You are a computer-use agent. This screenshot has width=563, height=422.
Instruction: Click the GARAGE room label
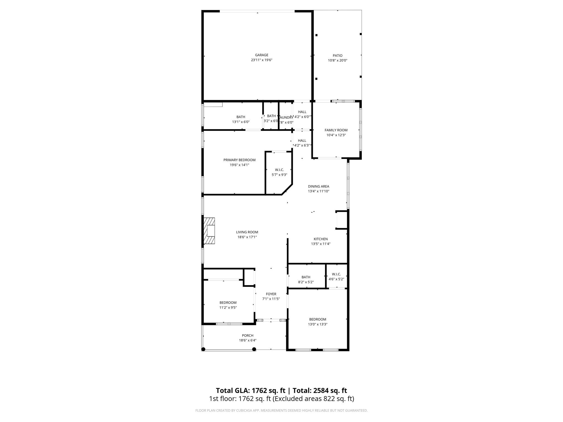point(261,55)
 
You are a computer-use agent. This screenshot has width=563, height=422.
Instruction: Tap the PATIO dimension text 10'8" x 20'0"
point(338,60)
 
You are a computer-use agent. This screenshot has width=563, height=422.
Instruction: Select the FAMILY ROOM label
point(336,130)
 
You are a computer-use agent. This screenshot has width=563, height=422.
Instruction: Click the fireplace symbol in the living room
point(209,231)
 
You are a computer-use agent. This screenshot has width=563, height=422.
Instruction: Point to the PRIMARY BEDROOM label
point(239,160)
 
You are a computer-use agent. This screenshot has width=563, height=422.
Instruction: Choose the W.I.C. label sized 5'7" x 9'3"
point(279,170)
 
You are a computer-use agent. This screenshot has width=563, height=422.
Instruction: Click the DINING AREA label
point(318,186)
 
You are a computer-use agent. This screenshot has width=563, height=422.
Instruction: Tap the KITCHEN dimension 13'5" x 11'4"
point(321,244)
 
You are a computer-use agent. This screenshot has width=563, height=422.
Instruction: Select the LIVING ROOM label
point(247,232)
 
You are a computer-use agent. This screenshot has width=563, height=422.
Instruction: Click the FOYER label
point(271,294)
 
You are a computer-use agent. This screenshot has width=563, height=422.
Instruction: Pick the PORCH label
point(247,335)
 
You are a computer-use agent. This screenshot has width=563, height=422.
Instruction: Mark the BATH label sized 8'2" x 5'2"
point(306,277)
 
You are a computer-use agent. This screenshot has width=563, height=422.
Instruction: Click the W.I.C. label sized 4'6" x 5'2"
point(336,274)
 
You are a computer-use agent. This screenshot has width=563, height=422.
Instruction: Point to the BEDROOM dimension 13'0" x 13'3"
point(318,324)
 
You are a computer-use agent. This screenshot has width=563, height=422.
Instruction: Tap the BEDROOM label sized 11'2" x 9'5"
point(228,302)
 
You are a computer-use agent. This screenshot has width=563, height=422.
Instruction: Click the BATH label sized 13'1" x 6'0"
point(241,117)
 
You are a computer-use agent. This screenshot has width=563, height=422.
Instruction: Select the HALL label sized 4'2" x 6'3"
point(302,141)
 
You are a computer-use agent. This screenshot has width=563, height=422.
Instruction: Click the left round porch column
point(203,349)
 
